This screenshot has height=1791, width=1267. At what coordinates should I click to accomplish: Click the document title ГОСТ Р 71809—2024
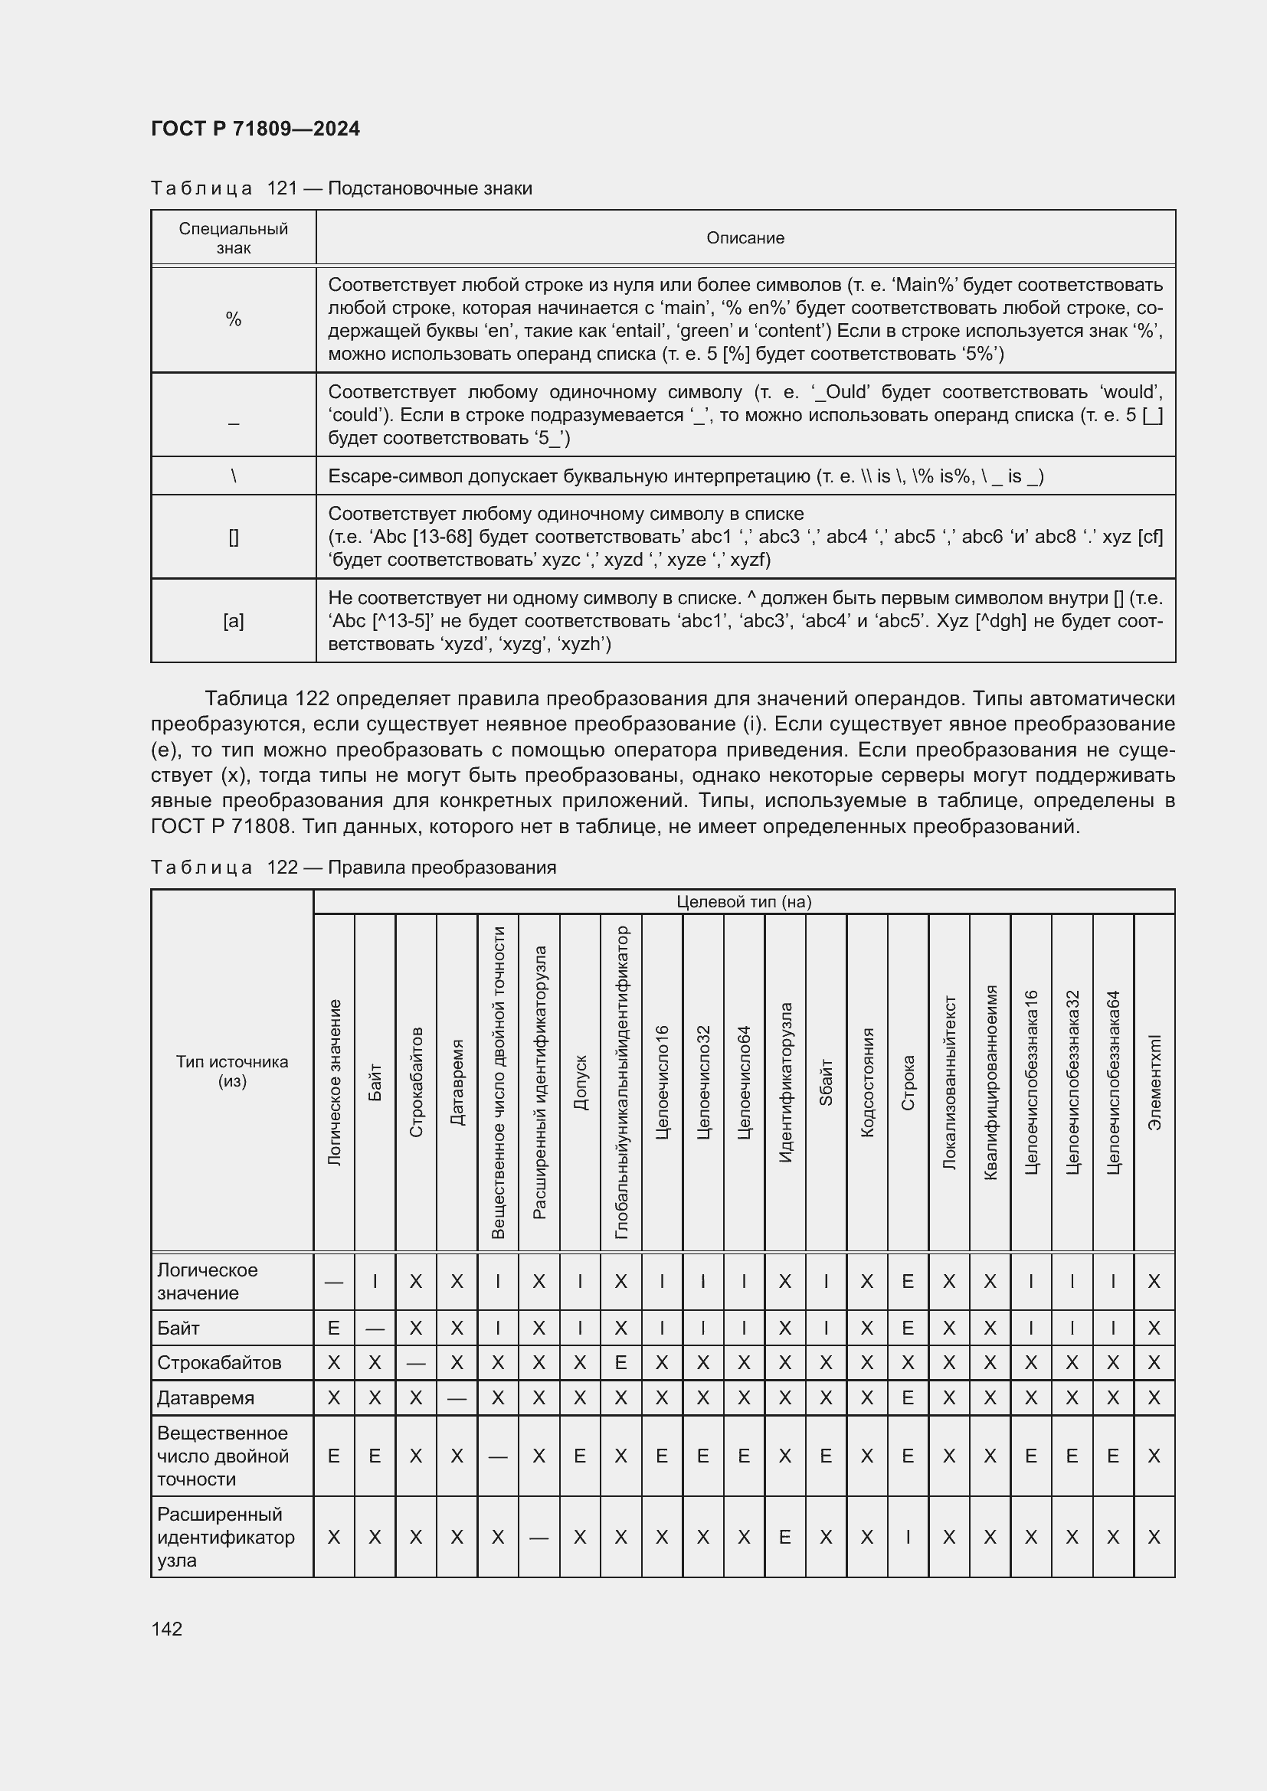coord(255,129)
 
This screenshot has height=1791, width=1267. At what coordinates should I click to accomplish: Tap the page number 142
coord(166,1629)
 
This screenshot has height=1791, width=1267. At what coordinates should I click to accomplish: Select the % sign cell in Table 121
coord(234,319)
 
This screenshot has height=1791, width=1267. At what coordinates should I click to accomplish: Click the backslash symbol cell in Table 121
coord(234,476)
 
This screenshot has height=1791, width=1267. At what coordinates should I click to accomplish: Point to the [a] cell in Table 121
coord(234,621)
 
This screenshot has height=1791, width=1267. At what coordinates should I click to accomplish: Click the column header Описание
coord(745,238)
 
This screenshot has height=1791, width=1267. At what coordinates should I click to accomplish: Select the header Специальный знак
coord(234,238)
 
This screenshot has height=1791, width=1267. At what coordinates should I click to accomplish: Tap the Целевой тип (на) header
coord(744,902)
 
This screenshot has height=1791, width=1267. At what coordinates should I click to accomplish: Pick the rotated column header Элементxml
coord(1154,1083)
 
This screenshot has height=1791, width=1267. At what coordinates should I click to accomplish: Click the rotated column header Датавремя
coord(457,1083)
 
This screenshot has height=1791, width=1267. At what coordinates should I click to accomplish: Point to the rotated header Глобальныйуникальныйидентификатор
coord(621,1083)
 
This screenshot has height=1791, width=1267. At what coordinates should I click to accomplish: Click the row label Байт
coord(178,1328)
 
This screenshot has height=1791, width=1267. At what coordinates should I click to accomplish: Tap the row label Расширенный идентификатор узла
coord(225,1537)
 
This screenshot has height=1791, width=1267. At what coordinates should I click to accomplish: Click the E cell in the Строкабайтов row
coord(621,1363)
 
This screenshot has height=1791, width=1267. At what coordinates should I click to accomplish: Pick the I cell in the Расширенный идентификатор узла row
coord(907,1537)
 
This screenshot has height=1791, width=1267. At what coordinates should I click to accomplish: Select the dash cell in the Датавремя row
coord(457,1398)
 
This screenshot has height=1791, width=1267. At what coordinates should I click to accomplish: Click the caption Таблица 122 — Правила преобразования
coord(353,868)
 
